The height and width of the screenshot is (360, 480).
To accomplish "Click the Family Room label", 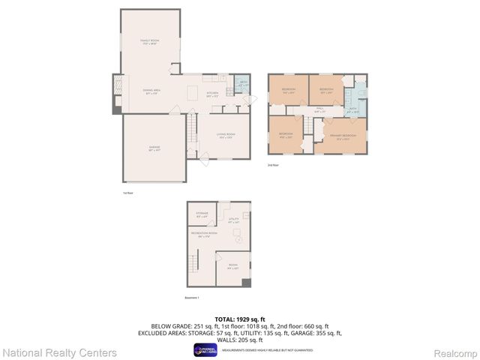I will (x=151, y=42).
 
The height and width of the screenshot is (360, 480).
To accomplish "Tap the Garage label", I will (x=154, y=148).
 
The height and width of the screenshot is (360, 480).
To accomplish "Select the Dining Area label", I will (x=152, y=92).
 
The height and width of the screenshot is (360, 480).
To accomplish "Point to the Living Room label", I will (x=226, y=136).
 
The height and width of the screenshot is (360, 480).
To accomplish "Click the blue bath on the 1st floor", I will (x=243, y=85).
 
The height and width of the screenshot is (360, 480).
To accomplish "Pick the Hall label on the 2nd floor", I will (x=319, y=109).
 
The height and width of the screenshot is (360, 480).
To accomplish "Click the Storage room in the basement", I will (x=202, y=214).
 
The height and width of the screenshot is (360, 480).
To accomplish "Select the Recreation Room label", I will (x=204, y=235).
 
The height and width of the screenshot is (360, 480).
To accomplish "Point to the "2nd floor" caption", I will (x=274, y=164).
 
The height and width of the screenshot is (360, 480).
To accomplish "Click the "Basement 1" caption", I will (x=193, y=298).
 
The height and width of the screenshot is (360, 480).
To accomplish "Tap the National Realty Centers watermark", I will (x=59, y=352).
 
